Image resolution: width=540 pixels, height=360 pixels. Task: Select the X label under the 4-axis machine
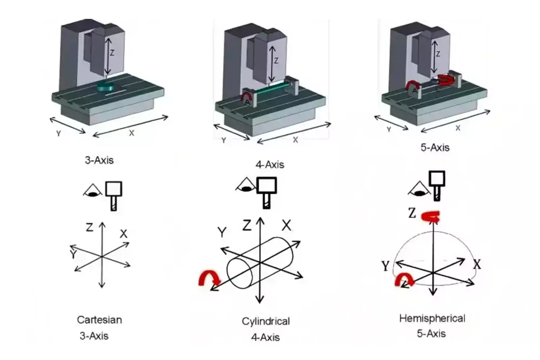pyautogui.click(x=295, y=139)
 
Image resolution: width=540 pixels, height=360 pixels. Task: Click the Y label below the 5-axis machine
pyautogui.click(x=388, y=130)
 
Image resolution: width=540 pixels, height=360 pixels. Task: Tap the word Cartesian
pyautogui.click(x=99, y=320)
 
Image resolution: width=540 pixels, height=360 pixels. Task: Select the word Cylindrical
pyautogui.click(x=266, y=322)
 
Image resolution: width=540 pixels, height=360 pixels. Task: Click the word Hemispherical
pyautogui.click(x=432, y=318)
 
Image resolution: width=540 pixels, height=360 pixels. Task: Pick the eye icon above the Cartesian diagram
pyautogui.click(x=92, y=189)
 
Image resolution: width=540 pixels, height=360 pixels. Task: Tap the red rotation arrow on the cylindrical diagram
pyautogui.click(x=209, y=278)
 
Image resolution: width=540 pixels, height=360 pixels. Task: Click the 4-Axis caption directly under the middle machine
pyautogui.click(x=270, y=165)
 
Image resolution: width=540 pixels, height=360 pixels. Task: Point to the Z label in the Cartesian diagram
pyautogui.click(x=89, y=227)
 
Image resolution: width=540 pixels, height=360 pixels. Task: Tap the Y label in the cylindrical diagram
pyautogui.click(x=221, y=232)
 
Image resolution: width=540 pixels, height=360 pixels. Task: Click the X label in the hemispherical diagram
pyautogui.click(x=477, y=264)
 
